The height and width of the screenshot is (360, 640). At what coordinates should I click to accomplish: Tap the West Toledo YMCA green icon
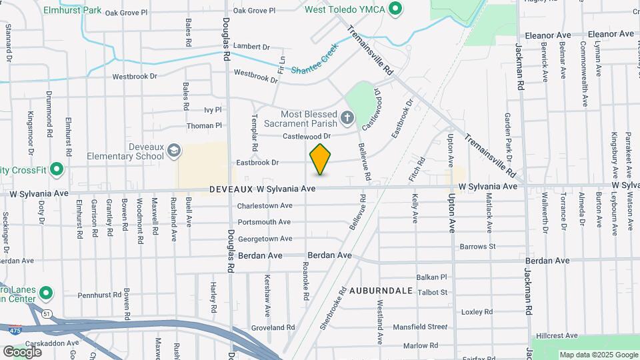click(x=395, y=9)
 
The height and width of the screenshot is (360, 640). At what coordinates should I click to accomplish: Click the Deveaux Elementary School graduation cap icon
click(x=174, y=151)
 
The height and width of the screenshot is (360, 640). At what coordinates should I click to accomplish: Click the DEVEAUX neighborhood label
click(x=231, y=189)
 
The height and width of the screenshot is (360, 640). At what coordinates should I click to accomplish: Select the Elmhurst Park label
click(x=72, y=11)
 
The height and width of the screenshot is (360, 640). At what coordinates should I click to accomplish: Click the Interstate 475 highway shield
click(x=13, y=329)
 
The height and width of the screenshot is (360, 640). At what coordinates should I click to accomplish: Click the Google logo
click(x=22, y=351)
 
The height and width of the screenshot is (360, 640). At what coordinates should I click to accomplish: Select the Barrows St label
click(x=478, y=247)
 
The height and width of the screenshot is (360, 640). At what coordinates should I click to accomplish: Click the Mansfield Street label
click(x=420, y=327)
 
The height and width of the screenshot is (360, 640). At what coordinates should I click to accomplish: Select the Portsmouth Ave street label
click(x=265, y=222)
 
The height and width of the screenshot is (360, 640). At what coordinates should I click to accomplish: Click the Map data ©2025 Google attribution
click(x=598, y=355)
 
